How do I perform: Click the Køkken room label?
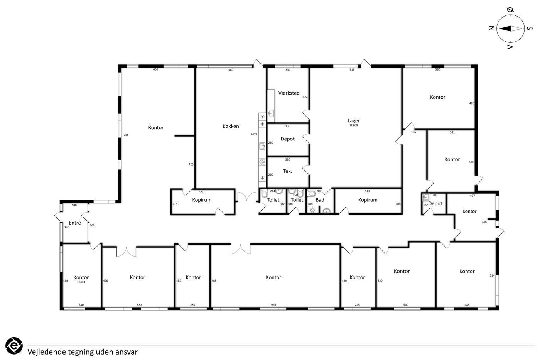[x=231, y=126]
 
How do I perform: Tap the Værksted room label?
[x=289, y=93]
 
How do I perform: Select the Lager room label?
[x=354, y=120]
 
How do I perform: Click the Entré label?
[x=75, y=223]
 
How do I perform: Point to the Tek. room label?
[x=287, y=171]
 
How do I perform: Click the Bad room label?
[x=320, y=200]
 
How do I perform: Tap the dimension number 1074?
[x=254, y=134]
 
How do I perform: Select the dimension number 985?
[x=126, y=135]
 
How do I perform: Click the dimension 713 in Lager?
[x=352, y=70]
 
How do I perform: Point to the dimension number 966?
[x=273, y=305]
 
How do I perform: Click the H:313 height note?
[x=81, y=282]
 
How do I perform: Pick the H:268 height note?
[x=354, y=125]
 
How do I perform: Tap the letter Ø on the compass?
[x=510, y=10]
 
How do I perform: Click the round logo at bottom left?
[x=14, y=346]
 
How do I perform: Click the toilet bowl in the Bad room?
[x=311, y=193]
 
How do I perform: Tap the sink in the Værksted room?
[x=270, y=113]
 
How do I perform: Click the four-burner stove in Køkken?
[x=262, y=162]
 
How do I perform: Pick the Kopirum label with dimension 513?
[x=368, y=200]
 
